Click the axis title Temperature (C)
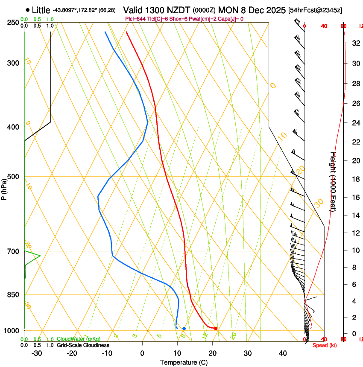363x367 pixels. coord(184,362)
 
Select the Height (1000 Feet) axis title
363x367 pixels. coord(334,181)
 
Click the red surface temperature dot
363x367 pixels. coord(216,329)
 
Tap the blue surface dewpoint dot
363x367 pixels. coord(184,329)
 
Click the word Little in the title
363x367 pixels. coord(41,10)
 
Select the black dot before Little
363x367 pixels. coord(28,10)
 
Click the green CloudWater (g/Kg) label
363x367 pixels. coord(79,339)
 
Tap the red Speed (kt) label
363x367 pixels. coord(325,345)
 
